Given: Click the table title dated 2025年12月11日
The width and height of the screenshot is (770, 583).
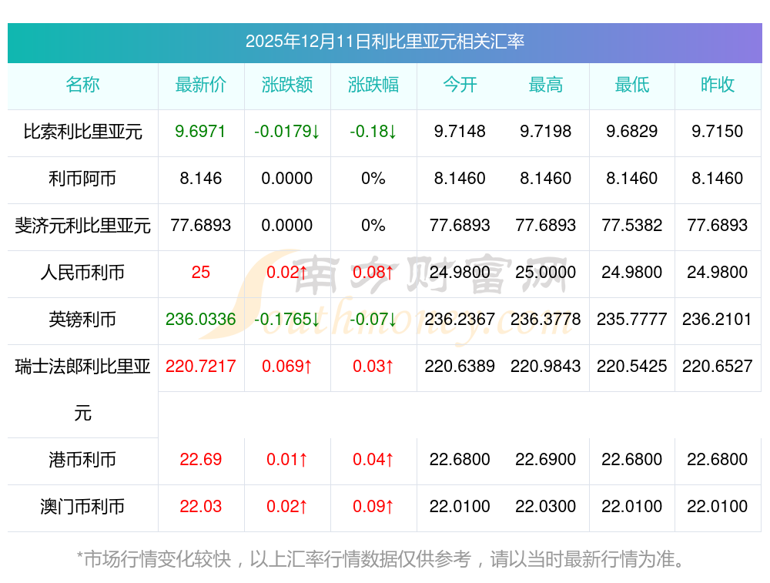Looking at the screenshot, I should click(x=384, y=42).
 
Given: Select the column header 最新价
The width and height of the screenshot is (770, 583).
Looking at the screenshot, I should click(x=201, y=85).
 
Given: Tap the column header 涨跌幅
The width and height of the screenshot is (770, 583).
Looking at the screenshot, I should click(x=373, y=85).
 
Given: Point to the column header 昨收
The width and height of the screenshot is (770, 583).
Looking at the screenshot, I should click(x=718, y=85).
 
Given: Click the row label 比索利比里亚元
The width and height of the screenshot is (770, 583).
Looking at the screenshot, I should click(x=83, y=132).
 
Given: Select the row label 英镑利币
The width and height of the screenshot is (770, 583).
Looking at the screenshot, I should click(x=83, y=320).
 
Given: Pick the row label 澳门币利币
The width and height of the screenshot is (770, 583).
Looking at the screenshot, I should click(x=83, y=507).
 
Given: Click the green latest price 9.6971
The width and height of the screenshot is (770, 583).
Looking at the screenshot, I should click(x=201, y=132).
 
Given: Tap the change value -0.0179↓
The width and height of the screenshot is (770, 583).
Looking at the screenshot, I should click(x=287, y=132).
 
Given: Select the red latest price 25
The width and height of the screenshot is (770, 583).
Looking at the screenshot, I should click(x=201, y=273).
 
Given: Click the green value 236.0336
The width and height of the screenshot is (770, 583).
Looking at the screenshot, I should click(x=201, y=320).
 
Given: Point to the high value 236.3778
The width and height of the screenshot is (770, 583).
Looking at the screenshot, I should click(x=546, y=320).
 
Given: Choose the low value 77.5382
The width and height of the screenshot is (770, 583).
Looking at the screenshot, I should click(x=632, y=226).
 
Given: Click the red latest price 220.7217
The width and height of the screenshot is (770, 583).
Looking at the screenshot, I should click(x=201, y=367).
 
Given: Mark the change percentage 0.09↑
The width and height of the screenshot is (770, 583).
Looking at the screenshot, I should click(x=373, y=507).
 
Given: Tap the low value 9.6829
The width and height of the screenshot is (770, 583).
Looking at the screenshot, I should click(x=632, y=132).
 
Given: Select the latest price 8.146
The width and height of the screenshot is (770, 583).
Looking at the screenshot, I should click(x=201, y=179).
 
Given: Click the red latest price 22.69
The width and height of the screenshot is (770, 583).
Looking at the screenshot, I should click(x=201, y=460).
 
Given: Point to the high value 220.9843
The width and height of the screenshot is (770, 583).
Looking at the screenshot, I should click(x=546, y=367).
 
